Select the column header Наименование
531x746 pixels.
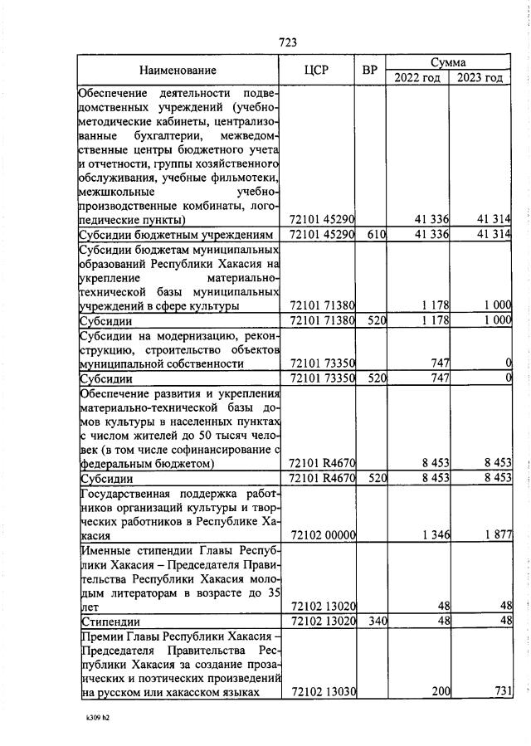click(178, 71)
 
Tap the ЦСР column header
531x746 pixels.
click(317, 71)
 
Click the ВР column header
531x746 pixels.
click(370, 71)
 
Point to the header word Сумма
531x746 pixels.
click(448, 62)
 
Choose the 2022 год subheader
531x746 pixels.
click(418, 78)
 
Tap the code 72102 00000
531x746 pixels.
click(322, 536)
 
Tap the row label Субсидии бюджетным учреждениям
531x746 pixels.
click(175, 235)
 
